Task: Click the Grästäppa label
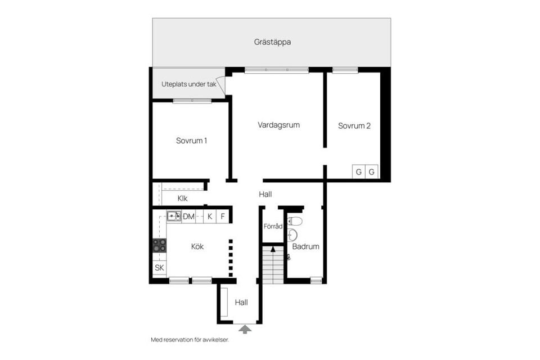pyautogui.click(x=272, y=42)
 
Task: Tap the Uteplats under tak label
pyautogui.click(x=189, y=84)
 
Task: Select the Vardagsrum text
pyautogui.click(x=278, y=125)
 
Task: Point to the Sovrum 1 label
pyautogui.click(x=191, y=141)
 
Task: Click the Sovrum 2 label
pyautogui.click(x=354, y=126)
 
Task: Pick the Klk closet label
pyautogui.click(x=182, y=199)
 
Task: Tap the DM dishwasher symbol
pyautogui.click(x=188, y=217)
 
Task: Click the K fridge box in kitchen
pyautogui.click(x=210, y=217)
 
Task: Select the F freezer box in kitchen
pyautogui.click(x=223, y=217)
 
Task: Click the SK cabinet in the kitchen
pyautogui.click(x=159, y=268)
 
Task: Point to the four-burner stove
pyautogui.click(x=159, y=245)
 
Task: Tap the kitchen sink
pyautogui.click(x=174, y=216)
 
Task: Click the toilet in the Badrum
pyautogui.click(x=295, y=221)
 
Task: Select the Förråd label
pyautogui.click(x=273, y=226)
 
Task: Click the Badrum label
pyautogui.click(x=305, y=247)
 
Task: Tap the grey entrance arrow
pyautogui.click(x=245, y=329)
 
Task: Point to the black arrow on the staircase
pyautogui.click(x=273, y=249)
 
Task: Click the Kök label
pyautogui.click(x=197, y=247)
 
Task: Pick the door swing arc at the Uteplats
pyautogui.click(x=220, y=85)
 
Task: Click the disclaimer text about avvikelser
pyautogui.click(x=190, y=340)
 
